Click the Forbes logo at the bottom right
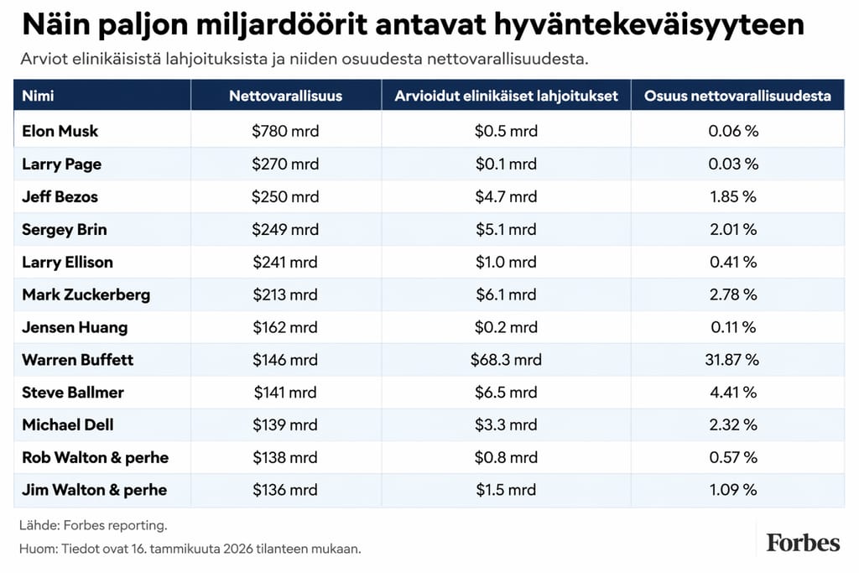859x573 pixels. point(802,543)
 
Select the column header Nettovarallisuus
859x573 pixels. point(285,96)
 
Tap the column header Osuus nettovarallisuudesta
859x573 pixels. point(737,96)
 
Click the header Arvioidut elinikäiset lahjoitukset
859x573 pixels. point(506,96)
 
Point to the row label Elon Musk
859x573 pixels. point(60,131)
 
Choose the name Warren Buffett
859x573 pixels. point(77,360)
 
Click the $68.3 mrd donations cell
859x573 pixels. point(506,360)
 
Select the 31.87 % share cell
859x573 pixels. point(732,360)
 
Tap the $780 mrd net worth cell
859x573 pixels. point(285,131)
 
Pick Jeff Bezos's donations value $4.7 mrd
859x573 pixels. point(506,197)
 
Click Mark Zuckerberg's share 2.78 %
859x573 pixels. point(732,294)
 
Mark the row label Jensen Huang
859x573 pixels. point(75,327)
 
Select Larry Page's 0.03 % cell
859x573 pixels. point(732,164)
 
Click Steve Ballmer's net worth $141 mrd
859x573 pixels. point(285,393)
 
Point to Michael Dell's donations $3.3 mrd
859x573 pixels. point(506,425)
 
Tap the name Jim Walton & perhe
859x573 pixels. point(94,490)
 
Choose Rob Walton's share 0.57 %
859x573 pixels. point(732,458)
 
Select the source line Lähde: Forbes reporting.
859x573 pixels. point(93,526)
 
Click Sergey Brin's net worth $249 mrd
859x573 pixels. point(285,230)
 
